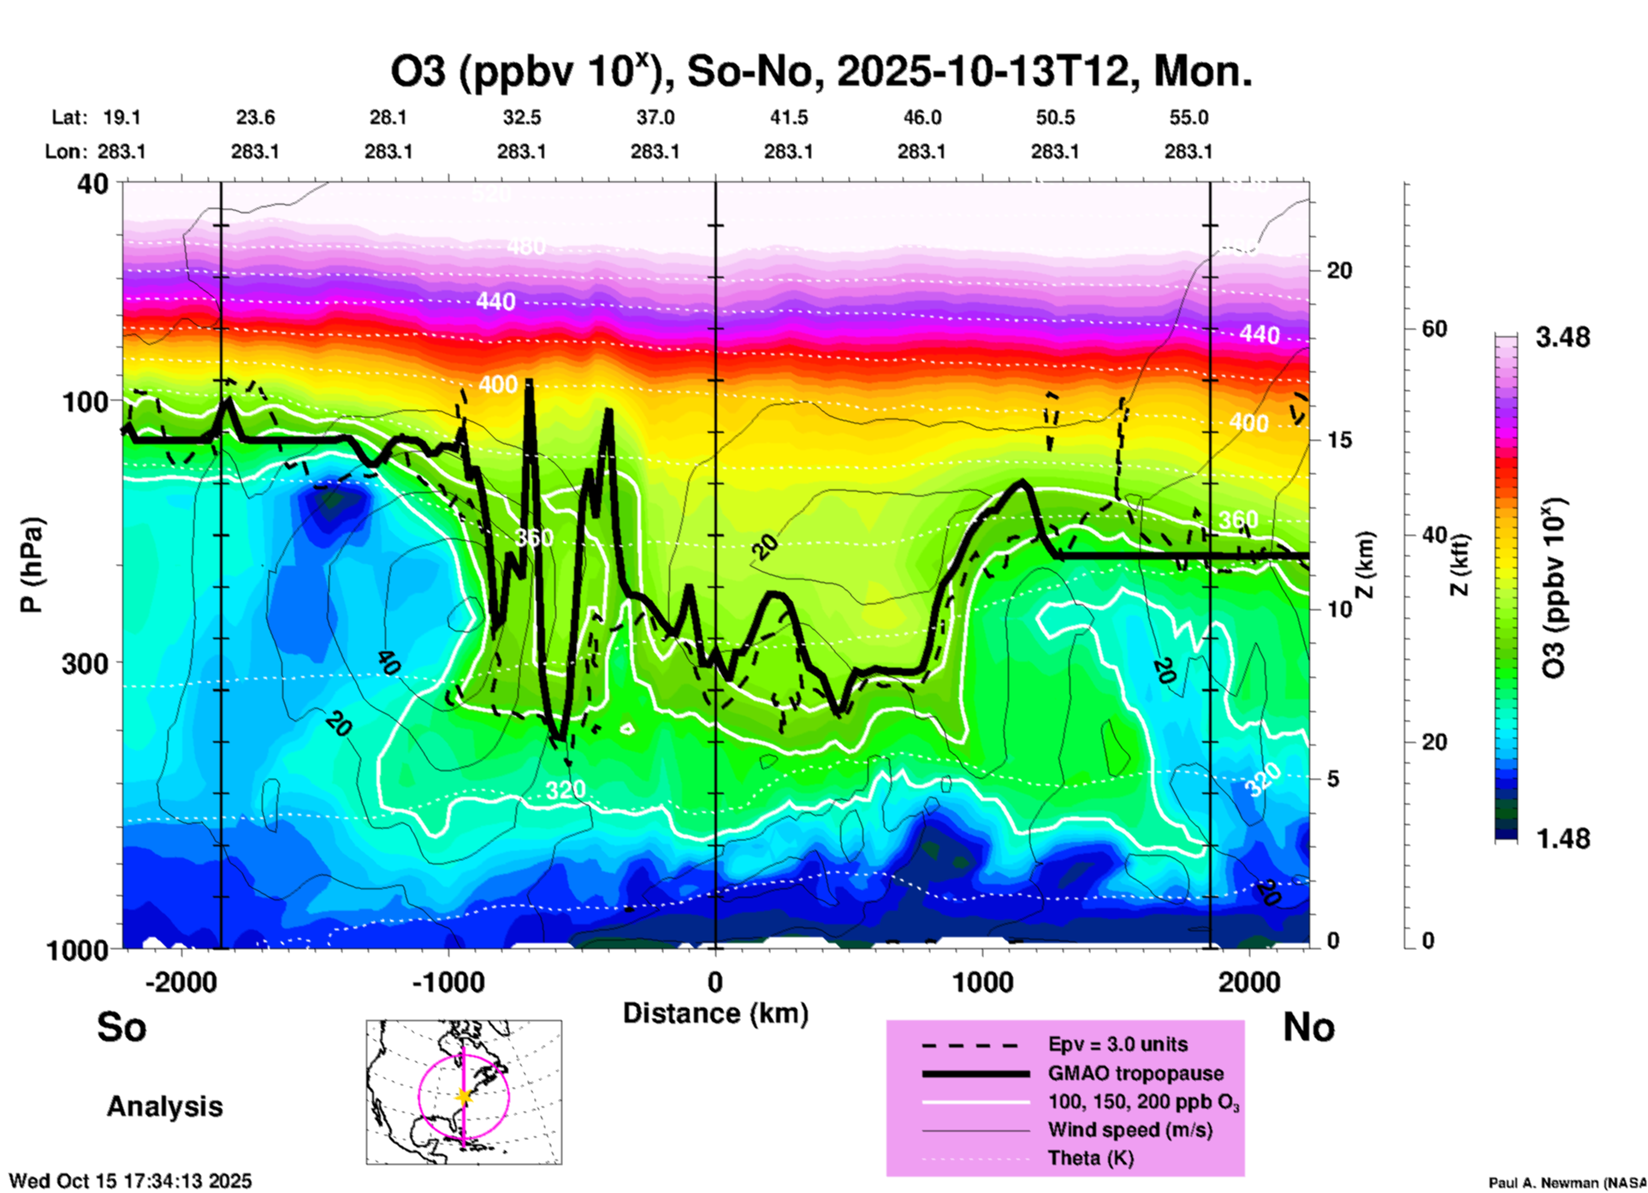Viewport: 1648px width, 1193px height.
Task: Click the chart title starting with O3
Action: point(821,72)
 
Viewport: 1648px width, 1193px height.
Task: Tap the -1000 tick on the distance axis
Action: point(448,982)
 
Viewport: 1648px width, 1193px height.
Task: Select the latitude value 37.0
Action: point(655,117)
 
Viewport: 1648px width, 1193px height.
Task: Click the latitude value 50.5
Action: point(1054,117)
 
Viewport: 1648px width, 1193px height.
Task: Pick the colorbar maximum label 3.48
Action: point(1562,338)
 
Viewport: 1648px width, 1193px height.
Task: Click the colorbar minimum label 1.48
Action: point(1562,839)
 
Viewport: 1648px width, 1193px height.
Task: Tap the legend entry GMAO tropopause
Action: point(1135,1073)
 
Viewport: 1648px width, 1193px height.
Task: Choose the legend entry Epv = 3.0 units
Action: point(1117,1044)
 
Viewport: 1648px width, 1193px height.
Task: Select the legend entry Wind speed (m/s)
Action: point(1129,1130)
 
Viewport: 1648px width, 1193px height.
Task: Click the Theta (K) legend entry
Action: point(1090,1158)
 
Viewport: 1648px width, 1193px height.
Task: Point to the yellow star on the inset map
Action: point(464,1096)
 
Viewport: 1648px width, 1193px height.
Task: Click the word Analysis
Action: point(164,1107)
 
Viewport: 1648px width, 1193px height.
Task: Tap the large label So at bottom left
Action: point(122,1027)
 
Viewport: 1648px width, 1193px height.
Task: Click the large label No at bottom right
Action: point(1308,1027)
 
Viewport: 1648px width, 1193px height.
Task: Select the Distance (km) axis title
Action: point(715,1013)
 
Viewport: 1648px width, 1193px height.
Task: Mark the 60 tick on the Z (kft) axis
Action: point(1434,329)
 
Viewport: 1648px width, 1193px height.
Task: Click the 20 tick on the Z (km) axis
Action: point(1339,270)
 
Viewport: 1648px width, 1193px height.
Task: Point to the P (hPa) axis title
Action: point(32,565)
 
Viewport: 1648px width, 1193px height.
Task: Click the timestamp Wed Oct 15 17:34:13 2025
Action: point(130,1181)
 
